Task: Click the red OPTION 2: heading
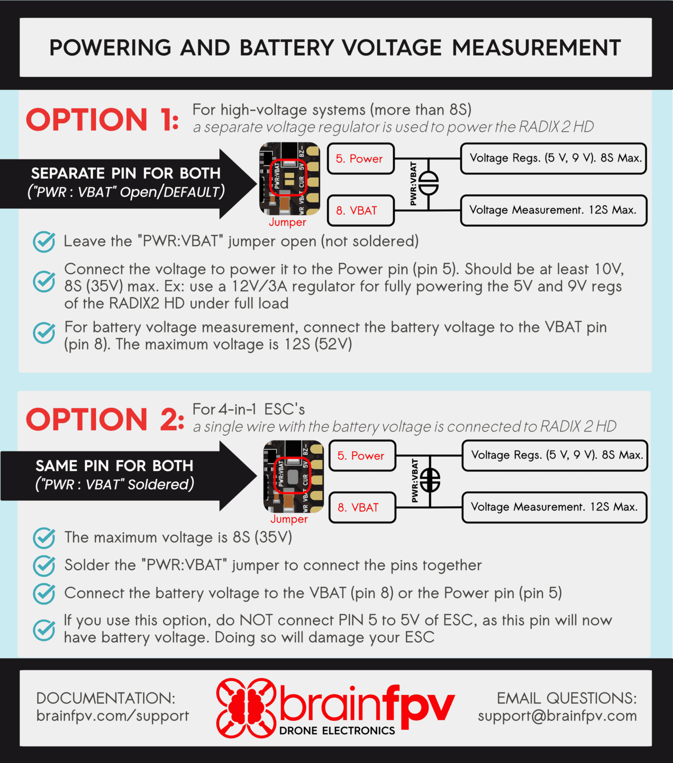pyautogui.click(x=105, y=419)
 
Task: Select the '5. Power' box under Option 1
pyautogui.click(x=360, y=159)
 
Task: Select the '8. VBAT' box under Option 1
pyautogui.click(x=360, y=211)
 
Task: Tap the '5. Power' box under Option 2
pyautogui.click(x=362, y=456)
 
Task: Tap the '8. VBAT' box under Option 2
pyautogui.click(x=362, y=508)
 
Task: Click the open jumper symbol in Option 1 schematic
pyautogui.click(x=428, y=184)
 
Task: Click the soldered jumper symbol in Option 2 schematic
pyautogui.click(x=430, y=480)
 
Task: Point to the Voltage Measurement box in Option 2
pyautogui.click(x=554, y=507)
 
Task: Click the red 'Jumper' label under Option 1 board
pyautogui.click(x=287, y=223)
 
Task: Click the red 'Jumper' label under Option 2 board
pyautogui.click(x=289, y=519)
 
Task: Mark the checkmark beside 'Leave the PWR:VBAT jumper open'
pyautogui.click(x=44, y=242)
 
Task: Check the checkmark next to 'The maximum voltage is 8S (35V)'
pyautogui.click(x=44, y=538)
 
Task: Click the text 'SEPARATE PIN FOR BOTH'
pyautogui.click(x=126, y=173)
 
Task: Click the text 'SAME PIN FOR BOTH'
pyautogui.click(x=114, y=466)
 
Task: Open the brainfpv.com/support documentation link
pyautogui.click(x=112, y=716)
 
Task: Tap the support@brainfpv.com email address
pyautogui.click(x=557, y=716)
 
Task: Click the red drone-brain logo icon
pyautogui.click(x=246, y=707)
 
